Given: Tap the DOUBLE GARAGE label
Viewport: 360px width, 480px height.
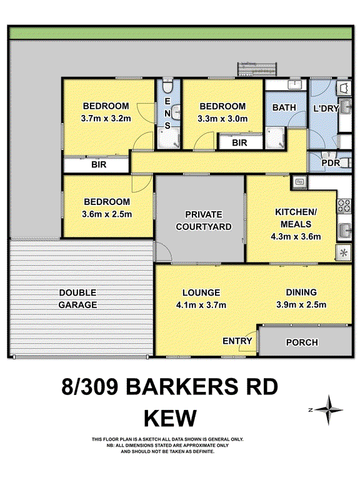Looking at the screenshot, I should coord(78,299).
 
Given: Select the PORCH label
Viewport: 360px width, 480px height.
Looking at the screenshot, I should coord(302,342).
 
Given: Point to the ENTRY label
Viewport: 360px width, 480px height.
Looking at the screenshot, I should coord(237,341).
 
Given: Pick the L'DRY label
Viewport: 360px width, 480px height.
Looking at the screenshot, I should coord(326,108).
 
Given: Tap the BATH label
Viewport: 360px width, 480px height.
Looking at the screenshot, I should coord(284,107).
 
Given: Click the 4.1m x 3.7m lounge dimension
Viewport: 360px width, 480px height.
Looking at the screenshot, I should coord(201,305).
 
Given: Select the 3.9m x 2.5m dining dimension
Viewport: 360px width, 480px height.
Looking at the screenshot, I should coord(301,305).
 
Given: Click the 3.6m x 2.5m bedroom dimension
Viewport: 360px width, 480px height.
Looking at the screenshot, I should coord(107,214).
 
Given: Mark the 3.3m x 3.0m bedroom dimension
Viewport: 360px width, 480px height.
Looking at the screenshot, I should coord(222,118).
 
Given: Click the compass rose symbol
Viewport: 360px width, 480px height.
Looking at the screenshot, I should coord(328,409).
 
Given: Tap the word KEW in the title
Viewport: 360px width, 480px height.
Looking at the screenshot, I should coord(170,417).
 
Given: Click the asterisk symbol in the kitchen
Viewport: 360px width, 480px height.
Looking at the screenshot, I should coord(342,252).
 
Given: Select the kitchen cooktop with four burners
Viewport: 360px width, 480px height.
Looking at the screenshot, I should coord(344,204).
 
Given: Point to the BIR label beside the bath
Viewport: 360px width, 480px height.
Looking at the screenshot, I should coord(239,143).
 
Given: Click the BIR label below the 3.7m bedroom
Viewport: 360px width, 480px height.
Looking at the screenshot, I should coord(98,166).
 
